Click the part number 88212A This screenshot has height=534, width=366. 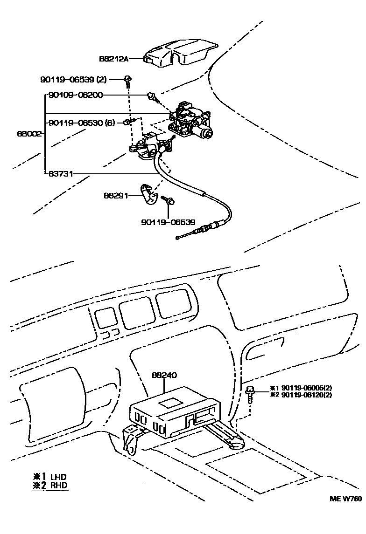[113, 59]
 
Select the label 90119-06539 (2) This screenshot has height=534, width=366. [73, 80]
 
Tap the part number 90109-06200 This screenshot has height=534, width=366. [75, 95]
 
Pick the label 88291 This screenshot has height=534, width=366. [116, 196]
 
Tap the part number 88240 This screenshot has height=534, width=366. [164, 375]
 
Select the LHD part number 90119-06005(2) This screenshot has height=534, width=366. [307, 388]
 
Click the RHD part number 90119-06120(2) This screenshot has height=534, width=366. [307, 395]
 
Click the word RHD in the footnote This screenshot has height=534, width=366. [59, 485]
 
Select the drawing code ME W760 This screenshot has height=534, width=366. [346, 498]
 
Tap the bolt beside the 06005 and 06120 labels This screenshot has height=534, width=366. [251, 394]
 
